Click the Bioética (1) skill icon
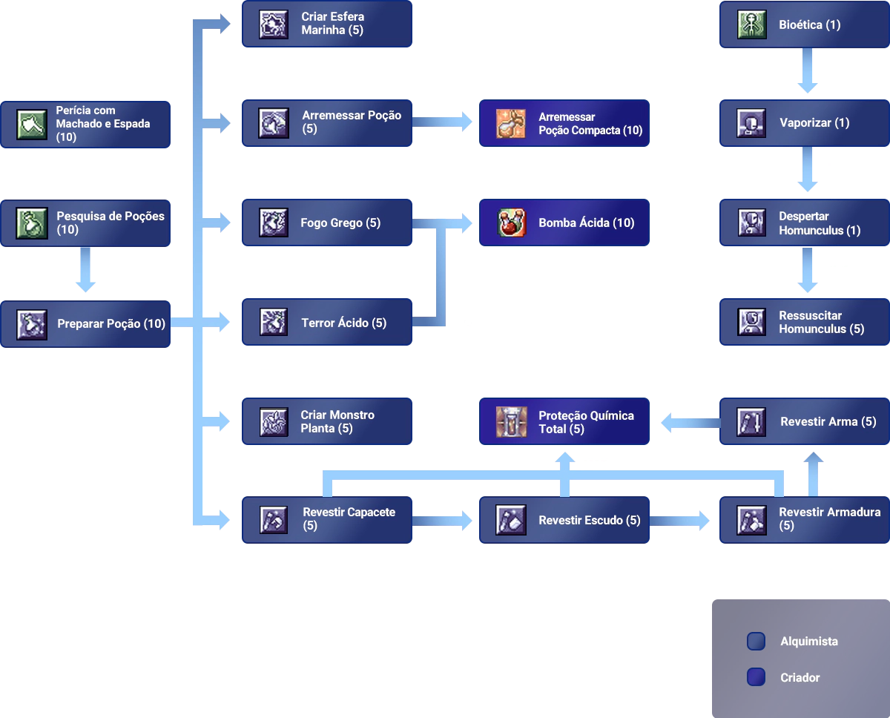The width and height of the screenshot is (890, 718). (x=752, y=24)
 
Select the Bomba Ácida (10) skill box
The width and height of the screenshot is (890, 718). (x=563, y=223)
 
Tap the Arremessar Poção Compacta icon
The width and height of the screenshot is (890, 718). (x=511, y=123)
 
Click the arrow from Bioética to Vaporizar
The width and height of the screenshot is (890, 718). (x=807, y=73)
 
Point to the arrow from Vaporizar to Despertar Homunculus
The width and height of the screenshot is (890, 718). (x=807, y=172)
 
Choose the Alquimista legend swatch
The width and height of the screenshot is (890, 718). (x=756, y=642)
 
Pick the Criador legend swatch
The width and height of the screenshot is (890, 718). (x=756, y=677)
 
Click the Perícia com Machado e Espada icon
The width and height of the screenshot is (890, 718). (x=32, y=124)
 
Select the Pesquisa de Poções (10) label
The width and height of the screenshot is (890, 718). (x=111, y=223)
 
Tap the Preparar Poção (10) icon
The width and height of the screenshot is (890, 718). (x=32, y=324)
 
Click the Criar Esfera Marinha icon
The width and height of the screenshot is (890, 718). (x=273, y=24)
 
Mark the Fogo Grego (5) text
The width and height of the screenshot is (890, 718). (x=340, y=223)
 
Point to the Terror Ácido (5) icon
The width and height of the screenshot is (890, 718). (x=273, y=323)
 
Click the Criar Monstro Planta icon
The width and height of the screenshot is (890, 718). (x=273, y=421)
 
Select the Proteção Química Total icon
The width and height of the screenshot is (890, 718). (x=511, y=422)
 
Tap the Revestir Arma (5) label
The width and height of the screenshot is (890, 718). (x=828, y=421)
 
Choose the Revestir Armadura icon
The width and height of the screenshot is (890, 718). (x=752, y=520)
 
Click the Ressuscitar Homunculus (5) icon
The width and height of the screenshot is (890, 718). (x=752, y=322)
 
